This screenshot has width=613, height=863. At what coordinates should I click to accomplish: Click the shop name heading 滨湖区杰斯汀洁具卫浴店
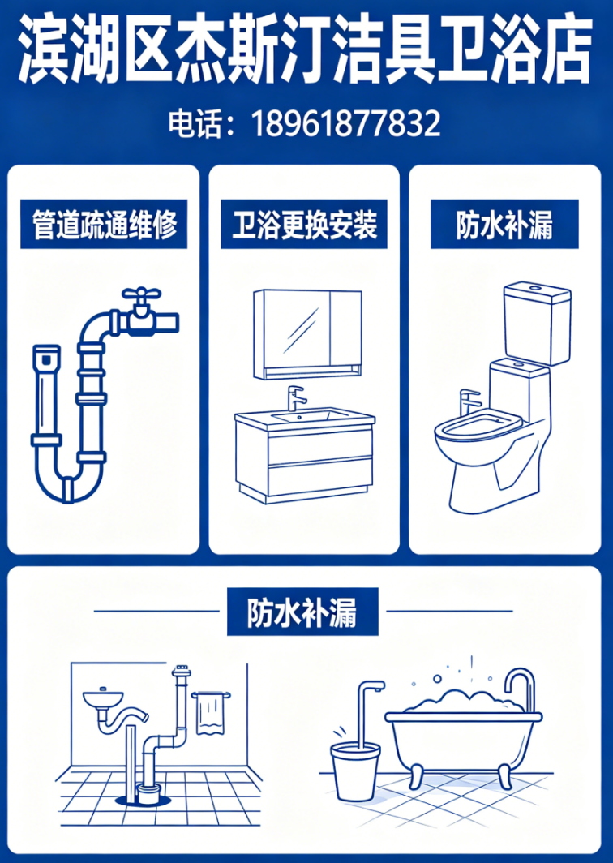(306, 50)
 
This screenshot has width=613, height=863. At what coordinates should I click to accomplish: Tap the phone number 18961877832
(346, 124)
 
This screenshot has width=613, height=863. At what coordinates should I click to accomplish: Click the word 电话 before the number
(188, 124)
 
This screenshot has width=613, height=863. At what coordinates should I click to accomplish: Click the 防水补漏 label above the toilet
(504, 225)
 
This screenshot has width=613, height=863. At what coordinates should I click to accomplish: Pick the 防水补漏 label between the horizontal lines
(302, 612)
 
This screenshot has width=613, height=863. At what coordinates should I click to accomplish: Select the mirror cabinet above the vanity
(307, 335)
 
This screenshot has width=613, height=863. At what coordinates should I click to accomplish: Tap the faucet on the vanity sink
(295, 398)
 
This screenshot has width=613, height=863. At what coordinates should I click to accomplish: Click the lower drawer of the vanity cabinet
(319, 477)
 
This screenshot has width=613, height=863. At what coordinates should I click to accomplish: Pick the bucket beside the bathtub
(355, 770)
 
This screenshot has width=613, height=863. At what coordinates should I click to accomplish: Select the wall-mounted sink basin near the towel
(103, 699)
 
